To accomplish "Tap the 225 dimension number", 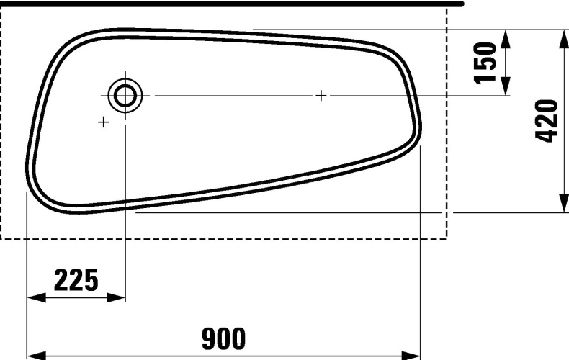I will tap(76, 279).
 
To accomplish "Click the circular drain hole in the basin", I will tap(125, 94).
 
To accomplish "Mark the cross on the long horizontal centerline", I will tap(321, 95).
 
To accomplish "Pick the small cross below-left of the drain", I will tap(103, 122).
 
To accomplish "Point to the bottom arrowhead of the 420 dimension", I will tap(563, 204).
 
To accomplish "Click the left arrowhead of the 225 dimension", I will tap(35, 297).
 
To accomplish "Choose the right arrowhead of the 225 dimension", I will tap(117, 297).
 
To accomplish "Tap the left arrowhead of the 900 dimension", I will tap(35, 355).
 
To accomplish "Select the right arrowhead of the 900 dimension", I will tap(412, 355).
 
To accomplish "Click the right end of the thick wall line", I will tap(462, 4).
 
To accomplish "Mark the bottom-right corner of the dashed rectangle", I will tap(447, 238).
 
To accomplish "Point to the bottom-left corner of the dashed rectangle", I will tap(1, 238).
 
